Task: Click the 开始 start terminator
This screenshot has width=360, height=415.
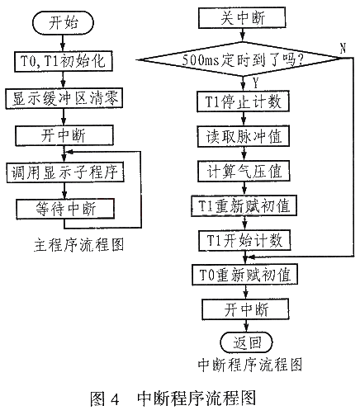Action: point(63,22)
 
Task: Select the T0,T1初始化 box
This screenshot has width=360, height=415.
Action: point(64,61)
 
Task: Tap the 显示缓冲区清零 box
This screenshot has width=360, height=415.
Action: point(64,98)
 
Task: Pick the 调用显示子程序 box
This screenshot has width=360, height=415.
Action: point(65,172)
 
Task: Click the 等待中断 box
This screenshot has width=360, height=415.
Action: point(65,209)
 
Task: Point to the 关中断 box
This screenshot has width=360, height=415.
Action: point(242,18)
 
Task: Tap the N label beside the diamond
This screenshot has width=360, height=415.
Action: point(343,49)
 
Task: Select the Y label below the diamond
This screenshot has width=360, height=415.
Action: point(256,83)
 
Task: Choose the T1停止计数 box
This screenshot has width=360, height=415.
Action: point(243,101)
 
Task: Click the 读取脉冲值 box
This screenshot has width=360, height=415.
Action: point(244,136)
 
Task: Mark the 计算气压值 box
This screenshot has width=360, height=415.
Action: point(244,171)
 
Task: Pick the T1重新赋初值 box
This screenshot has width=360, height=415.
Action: point(244,205)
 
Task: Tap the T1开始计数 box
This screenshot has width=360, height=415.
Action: point(244,240)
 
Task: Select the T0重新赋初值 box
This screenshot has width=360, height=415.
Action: point(244,275)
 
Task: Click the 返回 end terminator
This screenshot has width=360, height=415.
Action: point(246,342)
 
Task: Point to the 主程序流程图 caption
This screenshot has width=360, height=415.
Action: point(79,245)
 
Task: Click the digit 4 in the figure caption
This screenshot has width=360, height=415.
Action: point(115,398)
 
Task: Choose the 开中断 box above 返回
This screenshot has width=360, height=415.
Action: point(245,309)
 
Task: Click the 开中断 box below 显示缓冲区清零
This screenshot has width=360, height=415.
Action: point(64,135)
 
